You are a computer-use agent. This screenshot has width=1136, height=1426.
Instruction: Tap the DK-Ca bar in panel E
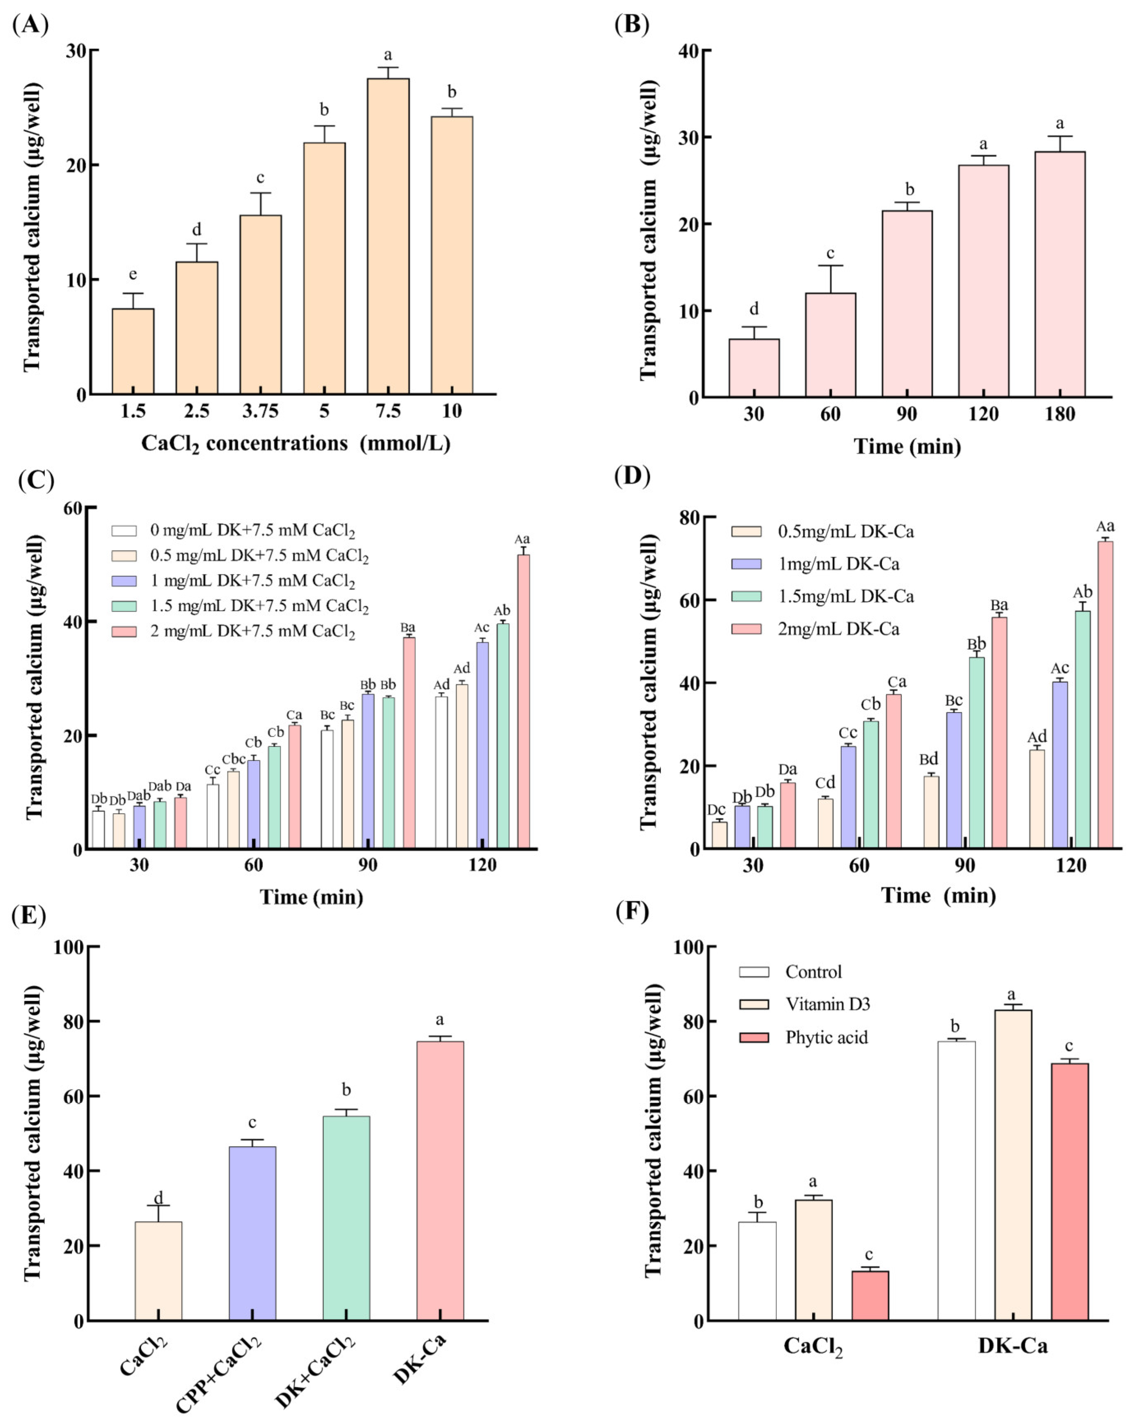tap(440, 1181)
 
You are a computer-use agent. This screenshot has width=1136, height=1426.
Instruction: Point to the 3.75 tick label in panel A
tap(260, 411)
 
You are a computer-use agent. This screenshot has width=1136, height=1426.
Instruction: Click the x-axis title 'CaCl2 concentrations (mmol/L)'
tap(296, 443)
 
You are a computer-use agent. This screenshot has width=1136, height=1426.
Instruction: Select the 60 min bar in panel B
tap(830, 345)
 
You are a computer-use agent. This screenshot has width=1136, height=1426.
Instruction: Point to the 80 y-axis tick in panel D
tap(689, 517)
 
